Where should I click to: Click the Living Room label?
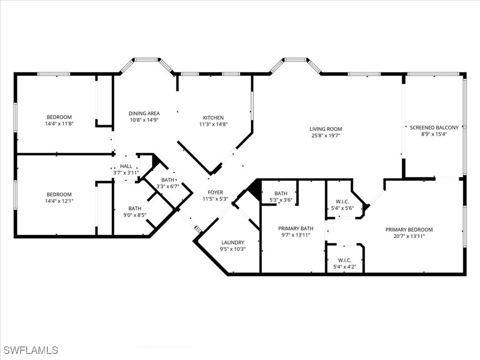pyautogui.click(x=326, y=129)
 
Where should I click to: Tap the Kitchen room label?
pyautogui.click(x=213, y=118)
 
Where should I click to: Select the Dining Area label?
pyautogui.click(x=144, y=113)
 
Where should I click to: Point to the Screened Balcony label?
pyautogui.click(x=434, y=127)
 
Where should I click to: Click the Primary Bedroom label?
pyautogui.click(x=409, y=230)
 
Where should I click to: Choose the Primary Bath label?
pyautogui.click(x=295, y=229)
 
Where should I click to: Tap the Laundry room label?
pyautogui.click(x=232, y=243)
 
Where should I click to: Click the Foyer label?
pyautogui.click(x=216, y=192)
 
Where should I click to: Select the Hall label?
pyautogui.click(x=126, y=166)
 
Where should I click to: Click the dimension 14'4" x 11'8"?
pyautogui.click(x=59, y=124)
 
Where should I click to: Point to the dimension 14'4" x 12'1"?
pyautogui.click(x=59, y=201)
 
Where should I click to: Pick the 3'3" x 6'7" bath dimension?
pyautogui.click(x=168, y=186)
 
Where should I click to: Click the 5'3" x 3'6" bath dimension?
pyautogui.click(x=281, y=200)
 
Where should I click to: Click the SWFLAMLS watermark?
pyautogui.click(x=31, y=350)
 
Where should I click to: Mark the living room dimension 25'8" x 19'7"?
pyautogui.click(x=326, y=135)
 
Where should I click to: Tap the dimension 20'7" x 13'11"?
pyautogui.click(x=409, y=236)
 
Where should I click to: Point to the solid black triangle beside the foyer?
pyautogui.click(x=255, y=189)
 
